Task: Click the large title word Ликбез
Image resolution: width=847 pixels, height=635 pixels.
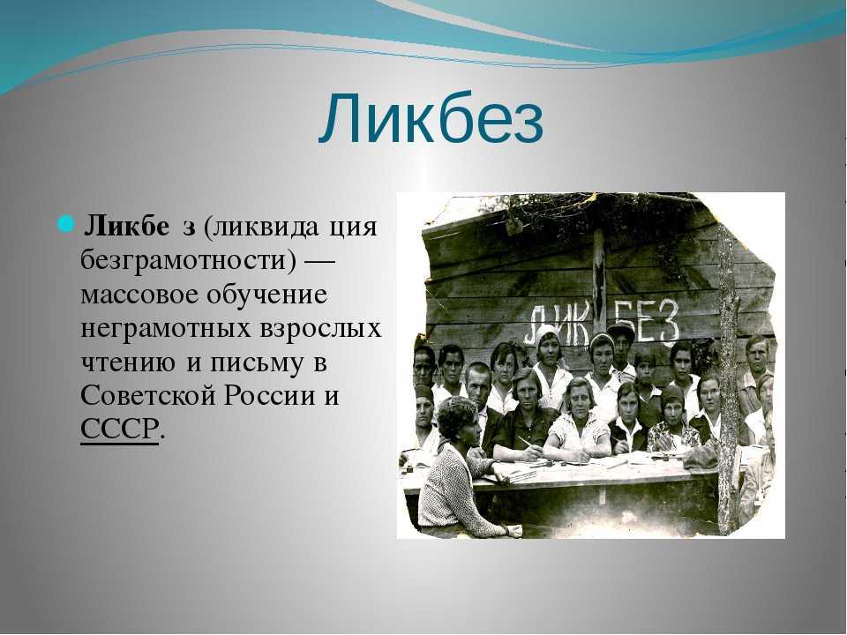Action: [x=431, y=120]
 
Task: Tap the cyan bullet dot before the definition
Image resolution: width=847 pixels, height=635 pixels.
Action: [x=64, y=223]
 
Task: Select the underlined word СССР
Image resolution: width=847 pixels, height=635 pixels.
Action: [x=119, y=430]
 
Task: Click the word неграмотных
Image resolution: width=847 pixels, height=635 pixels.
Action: [x=165, y=329]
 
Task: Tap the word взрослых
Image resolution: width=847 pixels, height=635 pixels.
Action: [x=320, y=329]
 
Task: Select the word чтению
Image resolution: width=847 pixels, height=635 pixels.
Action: [x=127, y=363]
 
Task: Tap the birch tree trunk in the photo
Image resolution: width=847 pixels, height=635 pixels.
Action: [x=729, y=378]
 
